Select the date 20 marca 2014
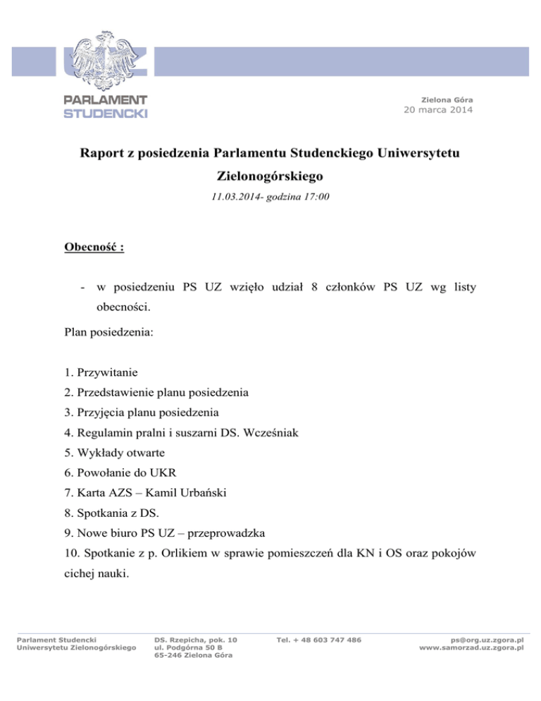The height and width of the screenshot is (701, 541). [x=438, y=109]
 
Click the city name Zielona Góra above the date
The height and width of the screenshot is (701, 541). [x=447, y=98]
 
